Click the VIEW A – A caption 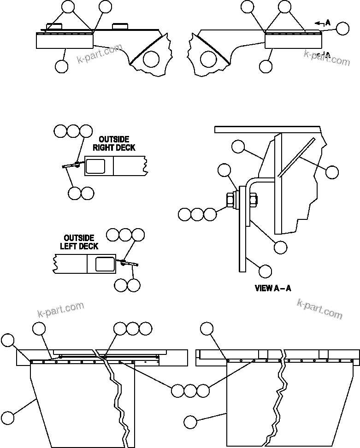(x=273, y=289)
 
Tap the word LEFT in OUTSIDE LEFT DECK (x=68, y=246)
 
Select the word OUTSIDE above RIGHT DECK (x=114, y=140)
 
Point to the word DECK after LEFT (x=88, y=246)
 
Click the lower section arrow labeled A (x=325, y=54)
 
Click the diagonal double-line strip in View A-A (x=296, y=157)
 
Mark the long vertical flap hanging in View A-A (x=242, y=244)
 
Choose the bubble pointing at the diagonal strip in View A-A (x=331, y=172)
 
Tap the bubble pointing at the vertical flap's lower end (x=266, y=271)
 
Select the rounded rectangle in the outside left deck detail (x=105, y=264)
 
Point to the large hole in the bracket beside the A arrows (x=208, y=59)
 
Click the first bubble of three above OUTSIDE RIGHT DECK (x=60, y=131)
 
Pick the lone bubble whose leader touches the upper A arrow (x=342, y=29)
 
